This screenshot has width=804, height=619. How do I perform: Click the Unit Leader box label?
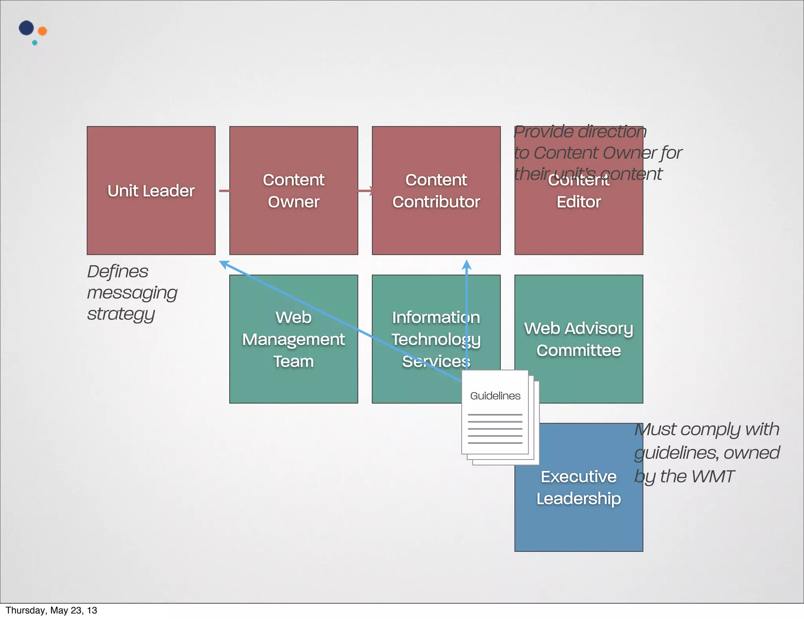click(151, 191)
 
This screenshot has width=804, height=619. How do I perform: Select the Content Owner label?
click(294, 191)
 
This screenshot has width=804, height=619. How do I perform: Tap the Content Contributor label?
click(436, 191)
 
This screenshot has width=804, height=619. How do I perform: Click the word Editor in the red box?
click(579, 202)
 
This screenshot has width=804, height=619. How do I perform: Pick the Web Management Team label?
click(294, 339)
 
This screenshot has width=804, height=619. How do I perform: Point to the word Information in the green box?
click(436, 317)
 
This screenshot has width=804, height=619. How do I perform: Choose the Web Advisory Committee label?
click(579, 339)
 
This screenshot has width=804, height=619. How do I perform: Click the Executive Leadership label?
click(579, 487)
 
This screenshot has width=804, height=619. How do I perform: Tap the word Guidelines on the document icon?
click(495, 396)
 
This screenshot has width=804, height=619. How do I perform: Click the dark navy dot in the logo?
click(26, 28)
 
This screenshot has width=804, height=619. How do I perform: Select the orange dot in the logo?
click(42, 31)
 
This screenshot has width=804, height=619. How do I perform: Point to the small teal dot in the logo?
click(35, 43)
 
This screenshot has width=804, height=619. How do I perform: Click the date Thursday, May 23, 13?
click(51, 610)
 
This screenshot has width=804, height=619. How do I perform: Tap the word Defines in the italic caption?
click(118, 271)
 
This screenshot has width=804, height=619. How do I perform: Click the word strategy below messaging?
click(121, 314)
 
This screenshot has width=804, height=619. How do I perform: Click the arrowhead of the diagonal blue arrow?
click(224, 264)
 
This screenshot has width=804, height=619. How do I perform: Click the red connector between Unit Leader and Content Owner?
click(224, 191)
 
